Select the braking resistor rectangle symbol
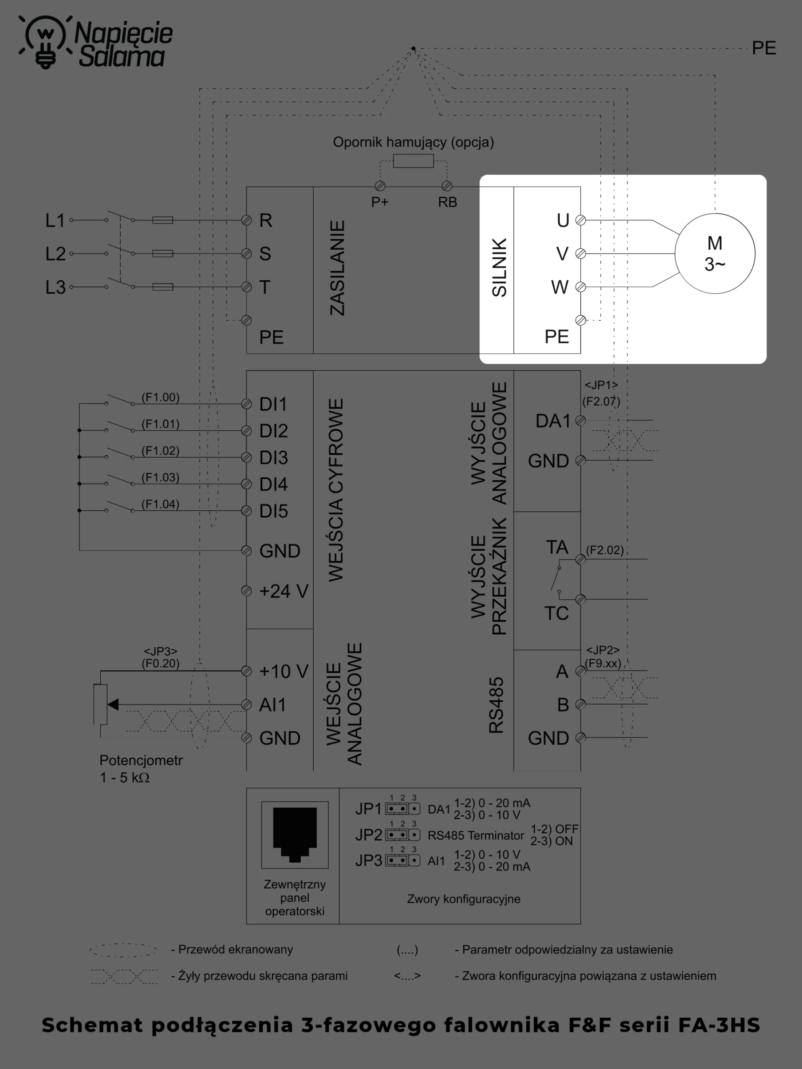pos(414,161)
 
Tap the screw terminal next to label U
pos(581,220)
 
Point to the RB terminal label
pos(447,202)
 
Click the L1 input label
pos(55,220)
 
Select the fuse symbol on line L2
pos(162,253)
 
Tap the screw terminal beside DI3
pos(246,457)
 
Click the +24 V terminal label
pos(284,591)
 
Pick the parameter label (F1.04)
pos(160,504)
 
